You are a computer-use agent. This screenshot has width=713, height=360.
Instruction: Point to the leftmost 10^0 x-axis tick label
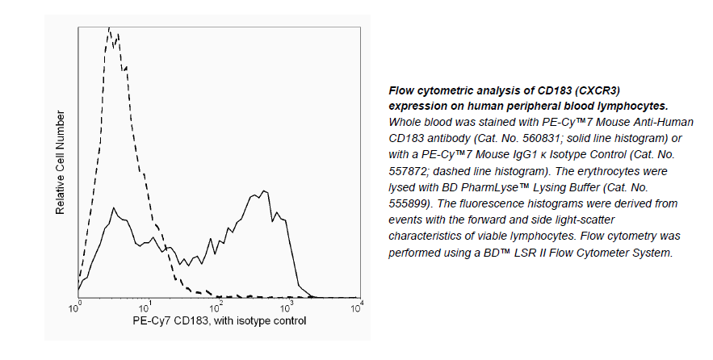76,307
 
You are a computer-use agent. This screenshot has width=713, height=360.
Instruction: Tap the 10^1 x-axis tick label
146,307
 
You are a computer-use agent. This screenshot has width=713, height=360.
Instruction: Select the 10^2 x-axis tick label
216,307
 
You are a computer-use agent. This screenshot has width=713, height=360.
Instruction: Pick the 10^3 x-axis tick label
287,307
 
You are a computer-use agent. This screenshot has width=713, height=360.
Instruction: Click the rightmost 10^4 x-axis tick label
356,307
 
